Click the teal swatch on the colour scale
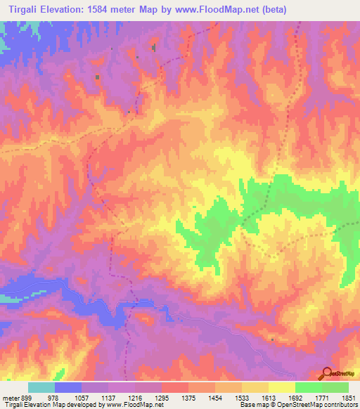41,387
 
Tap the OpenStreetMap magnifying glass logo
327,374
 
